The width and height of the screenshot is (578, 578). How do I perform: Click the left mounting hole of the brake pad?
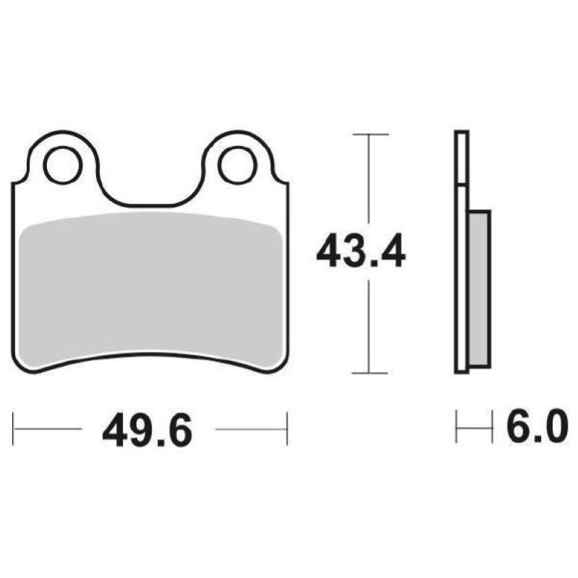pos(61,165)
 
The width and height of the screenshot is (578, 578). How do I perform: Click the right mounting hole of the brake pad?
pos(237,165)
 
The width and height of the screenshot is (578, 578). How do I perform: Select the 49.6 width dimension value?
pos(147,431)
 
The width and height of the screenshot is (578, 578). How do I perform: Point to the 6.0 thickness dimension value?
pos(532,430)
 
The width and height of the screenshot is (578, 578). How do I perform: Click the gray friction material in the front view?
pos(150,289)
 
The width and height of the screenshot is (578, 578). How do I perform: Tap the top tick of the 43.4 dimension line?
pos(369,135)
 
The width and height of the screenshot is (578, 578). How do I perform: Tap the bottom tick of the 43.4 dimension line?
pos(369,373)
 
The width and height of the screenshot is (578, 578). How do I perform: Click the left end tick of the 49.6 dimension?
pos(14,428)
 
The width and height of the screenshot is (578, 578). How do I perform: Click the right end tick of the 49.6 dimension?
pos(288,428)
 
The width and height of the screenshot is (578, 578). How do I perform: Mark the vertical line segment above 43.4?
pos(369,181)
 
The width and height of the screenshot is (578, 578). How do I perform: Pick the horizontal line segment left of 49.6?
pos(48,428)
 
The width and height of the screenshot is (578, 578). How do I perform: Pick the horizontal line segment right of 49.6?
pos(251,428)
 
